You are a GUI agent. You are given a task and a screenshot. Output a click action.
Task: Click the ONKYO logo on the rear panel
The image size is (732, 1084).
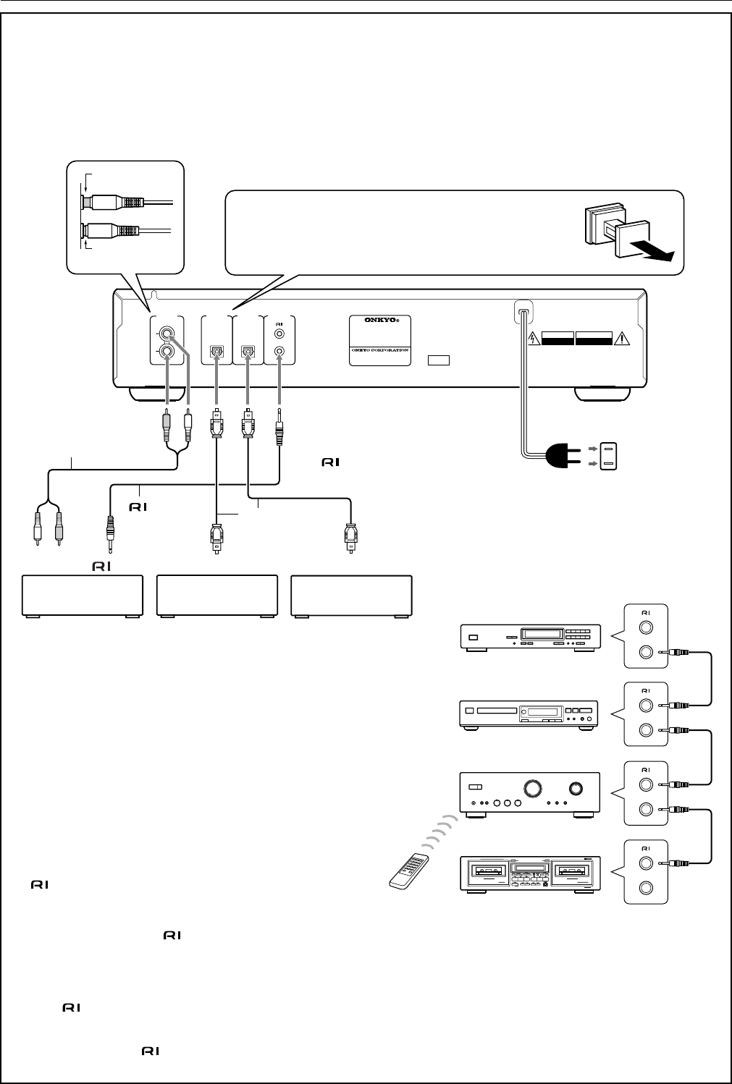(381, 325)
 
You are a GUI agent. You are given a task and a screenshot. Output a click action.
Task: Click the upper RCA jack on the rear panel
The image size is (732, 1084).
(168, 334)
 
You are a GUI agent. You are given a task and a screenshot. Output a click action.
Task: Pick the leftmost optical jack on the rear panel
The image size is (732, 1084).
(215, 352)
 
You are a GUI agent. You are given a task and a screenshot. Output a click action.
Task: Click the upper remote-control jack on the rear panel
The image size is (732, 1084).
(280, 335)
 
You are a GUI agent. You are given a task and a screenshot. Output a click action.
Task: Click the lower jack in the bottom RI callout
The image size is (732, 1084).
(645, 889)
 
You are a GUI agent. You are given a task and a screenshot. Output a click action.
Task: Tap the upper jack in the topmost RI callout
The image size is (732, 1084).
(645, 627)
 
